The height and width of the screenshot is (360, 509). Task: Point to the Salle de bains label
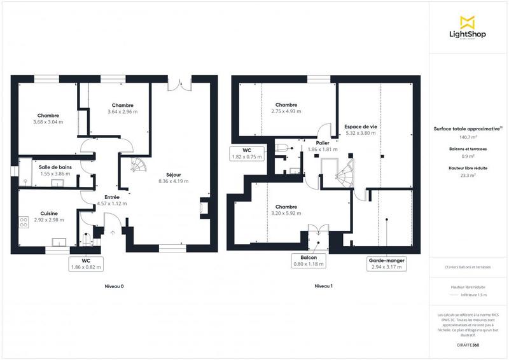(x=54, y=167)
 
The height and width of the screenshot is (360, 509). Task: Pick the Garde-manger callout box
(x=387, y=264)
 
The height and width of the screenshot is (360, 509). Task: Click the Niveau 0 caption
(x=114, y=286)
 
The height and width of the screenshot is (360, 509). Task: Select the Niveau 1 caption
(x=323, y=286)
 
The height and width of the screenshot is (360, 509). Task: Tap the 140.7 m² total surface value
(x=468, y=136)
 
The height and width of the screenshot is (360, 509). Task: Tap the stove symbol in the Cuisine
(x=24, y=223)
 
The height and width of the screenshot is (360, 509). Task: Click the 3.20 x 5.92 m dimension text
(x=286, y=213)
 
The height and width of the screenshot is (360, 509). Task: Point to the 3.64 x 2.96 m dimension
(x=123, y=112)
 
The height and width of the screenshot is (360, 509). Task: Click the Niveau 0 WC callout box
(x=86, y=264)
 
